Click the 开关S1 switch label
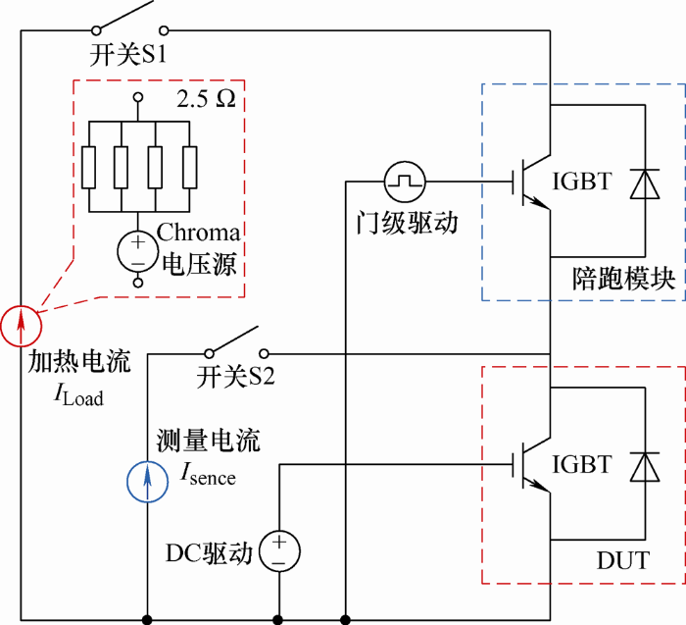(127, 54)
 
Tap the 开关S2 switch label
(235, 376)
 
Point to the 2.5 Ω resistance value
(206, 99)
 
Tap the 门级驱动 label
(407, 223)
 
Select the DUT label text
(623, 560)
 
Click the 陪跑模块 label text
(624, 278)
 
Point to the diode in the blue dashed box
(645, 183)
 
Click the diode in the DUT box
(645, 467)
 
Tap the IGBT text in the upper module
(581, 181)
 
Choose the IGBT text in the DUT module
(581, 464)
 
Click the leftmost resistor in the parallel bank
(89, 168)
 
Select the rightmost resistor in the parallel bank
(189, 168)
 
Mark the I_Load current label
(78, 395)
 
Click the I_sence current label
(208, 474)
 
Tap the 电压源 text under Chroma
(200, 264)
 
